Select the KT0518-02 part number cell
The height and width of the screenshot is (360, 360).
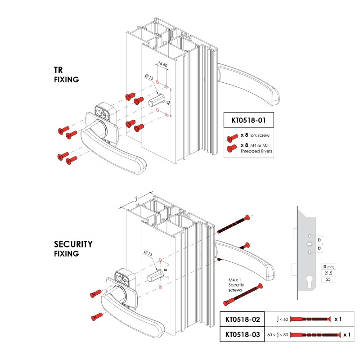pos(243,319)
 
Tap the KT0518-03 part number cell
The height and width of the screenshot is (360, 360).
pos(243,335)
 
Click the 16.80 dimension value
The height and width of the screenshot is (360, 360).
pos(162,66)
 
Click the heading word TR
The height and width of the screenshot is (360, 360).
pos(58,71)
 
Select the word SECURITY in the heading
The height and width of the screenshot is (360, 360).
pos(73,244)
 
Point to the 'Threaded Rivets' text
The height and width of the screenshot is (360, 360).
pos(256,151)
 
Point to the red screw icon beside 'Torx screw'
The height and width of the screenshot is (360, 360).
pos(232,137)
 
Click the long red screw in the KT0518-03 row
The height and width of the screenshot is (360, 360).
pos(315,335)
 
